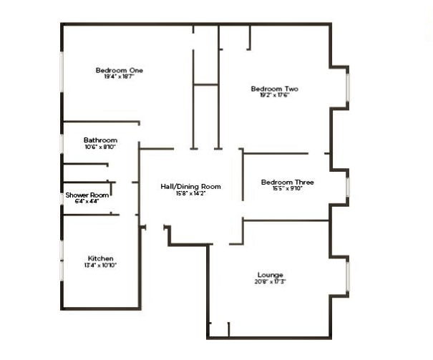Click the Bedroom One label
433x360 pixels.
(x=120, y=70)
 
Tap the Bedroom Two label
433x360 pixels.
(x=274, y=89)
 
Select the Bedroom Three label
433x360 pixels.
(x=287, y=182)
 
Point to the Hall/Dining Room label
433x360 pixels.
(x=190, y=186)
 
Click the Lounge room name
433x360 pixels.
(x=271, y=275)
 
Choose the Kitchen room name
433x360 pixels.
(x=101, y=258)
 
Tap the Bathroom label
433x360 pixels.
(x=100, y=140)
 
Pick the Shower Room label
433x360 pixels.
(x=87, y=195)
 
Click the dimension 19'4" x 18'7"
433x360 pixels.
(x=120, y=77)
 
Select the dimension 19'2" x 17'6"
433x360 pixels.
(x=274, y=96)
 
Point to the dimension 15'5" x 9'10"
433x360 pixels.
(x=287, y=189)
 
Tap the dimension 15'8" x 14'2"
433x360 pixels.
(x=190, y=193)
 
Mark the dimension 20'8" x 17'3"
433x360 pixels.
(x=271, y=281)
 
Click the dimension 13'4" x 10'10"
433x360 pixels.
(x=101, y=265)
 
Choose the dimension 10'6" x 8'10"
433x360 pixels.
(x=100, y=147)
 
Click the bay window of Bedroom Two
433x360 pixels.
(x=349, y=89)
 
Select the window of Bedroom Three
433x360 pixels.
(x=349, y=187)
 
